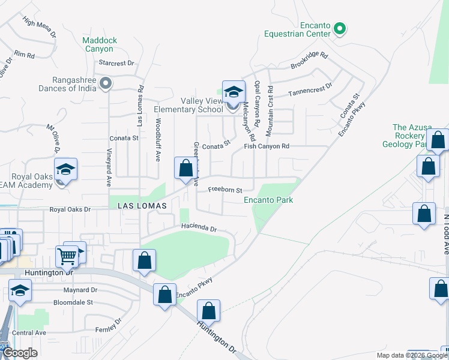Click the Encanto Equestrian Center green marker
[339, 28]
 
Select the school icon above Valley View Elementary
[234, 92]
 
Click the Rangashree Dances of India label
[67, 84]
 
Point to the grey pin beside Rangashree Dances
[106, 83]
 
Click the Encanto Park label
[268, 200]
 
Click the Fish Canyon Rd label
[267, 146]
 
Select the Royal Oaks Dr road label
[70, 210]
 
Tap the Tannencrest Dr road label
[310, 91]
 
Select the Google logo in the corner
[20, 353]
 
